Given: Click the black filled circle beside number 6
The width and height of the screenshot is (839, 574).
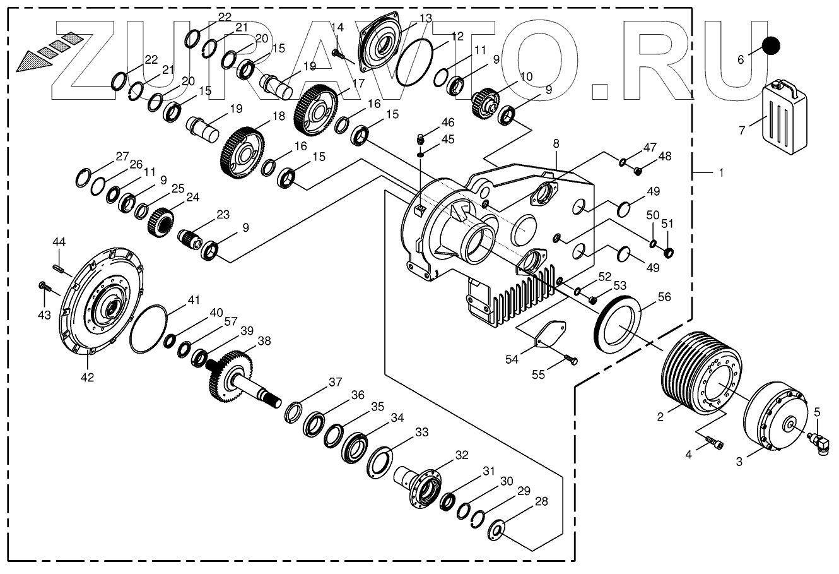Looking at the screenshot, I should [770, 45].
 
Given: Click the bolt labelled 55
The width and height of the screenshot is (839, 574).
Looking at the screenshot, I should [570, 360].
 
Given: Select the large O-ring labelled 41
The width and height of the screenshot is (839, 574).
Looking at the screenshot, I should [149, 328].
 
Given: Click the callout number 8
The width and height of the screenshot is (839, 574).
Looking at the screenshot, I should [556, 145].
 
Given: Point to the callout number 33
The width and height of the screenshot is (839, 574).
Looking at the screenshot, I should [421, 433].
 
